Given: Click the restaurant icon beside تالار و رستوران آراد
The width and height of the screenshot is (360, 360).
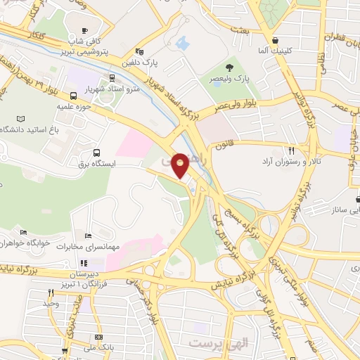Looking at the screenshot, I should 290,150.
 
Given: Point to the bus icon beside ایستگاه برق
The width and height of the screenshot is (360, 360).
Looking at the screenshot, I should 96,152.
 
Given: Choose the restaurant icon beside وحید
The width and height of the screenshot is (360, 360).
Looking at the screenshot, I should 50,292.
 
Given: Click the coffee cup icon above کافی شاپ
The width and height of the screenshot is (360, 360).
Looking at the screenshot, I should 85,30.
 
